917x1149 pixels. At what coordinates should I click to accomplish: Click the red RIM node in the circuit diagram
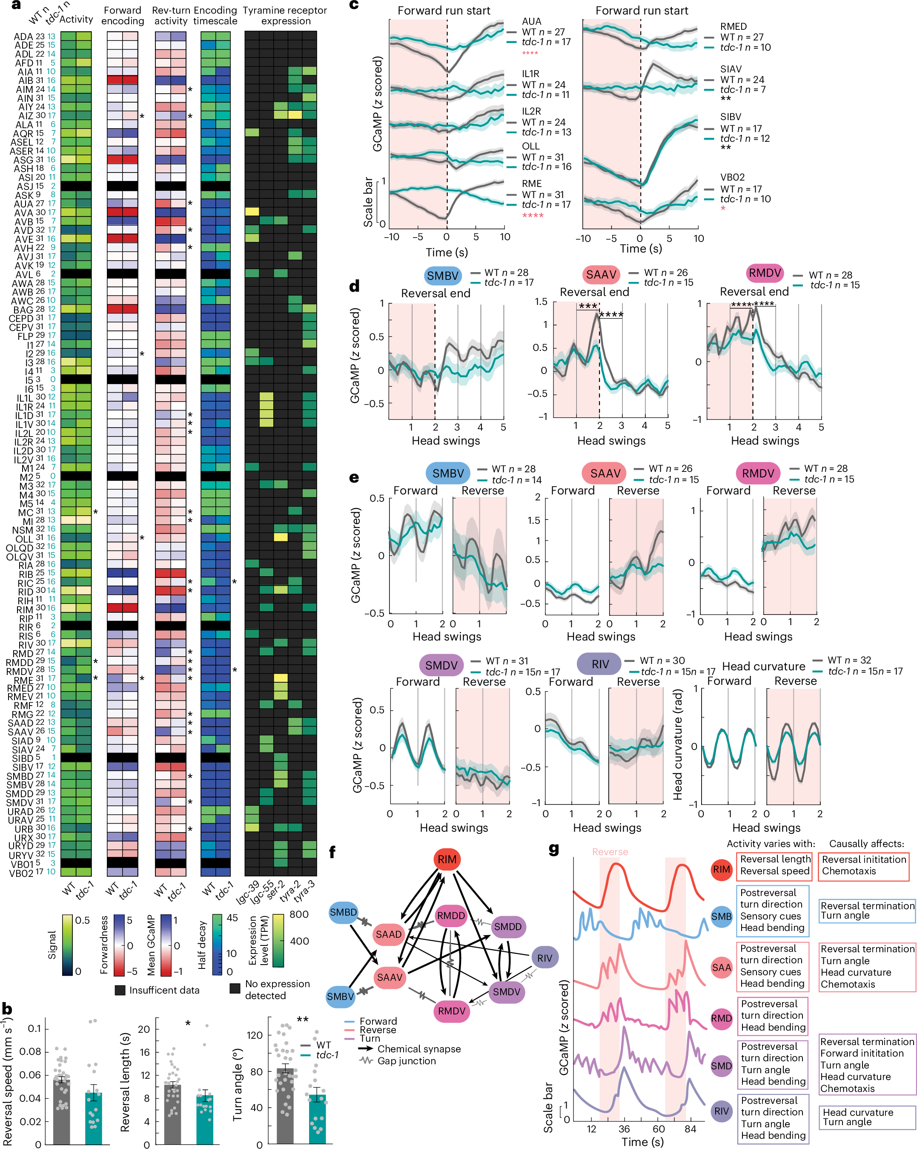(447, 859)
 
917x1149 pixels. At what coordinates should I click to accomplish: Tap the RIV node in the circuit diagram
(544, 958)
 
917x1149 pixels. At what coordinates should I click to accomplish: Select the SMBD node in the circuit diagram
(343, 912)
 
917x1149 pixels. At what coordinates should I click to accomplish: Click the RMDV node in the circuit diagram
(451, 1011)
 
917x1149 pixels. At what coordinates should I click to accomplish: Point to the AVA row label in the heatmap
(23, 213)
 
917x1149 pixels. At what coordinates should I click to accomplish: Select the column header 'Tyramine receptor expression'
(285, 15)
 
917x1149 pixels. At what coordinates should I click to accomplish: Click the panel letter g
(553, 849)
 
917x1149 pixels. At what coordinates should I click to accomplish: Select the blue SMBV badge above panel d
(442, 276)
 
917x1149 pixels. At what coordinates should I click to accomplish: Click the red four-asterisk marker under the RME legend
(532, 215)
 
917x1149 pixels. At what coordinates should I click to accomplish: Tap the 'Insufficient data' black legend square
(120, 990)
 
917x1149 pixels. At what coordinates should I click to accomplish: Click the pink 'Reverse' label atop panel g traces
(610, 852)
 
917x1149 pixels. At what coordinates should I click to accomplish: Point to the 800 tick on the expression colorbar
(299, 914)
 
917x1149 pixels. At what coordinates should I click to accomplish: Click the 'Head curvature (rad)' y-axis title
(677, 745)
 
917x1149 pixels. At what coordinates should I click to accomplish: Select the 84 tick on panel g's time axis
(690, 1128)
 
